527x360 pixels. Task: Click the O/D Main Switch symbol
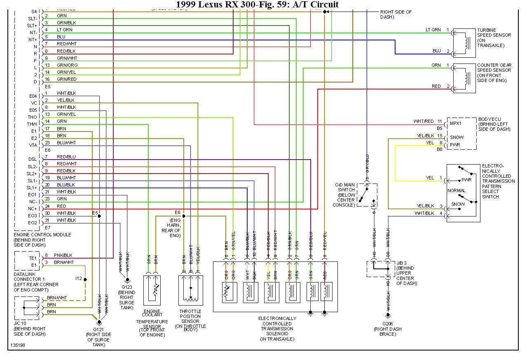pos(366,195)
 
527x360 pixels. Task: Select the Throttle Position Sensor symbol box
pos(191,290)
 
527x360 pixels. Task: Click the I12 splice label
pos(78,279)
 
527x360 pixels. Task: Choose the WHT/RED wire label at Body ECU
pos(424,122)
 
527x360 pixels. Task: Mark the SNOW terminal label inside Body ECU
pos(457,137)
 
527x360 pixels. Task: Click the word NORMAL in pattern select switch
pos(457,191)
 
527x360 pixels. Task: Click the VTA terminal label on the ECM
pos(33,145)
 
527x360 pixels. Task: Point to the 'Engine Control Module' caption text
pos(42,235)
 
